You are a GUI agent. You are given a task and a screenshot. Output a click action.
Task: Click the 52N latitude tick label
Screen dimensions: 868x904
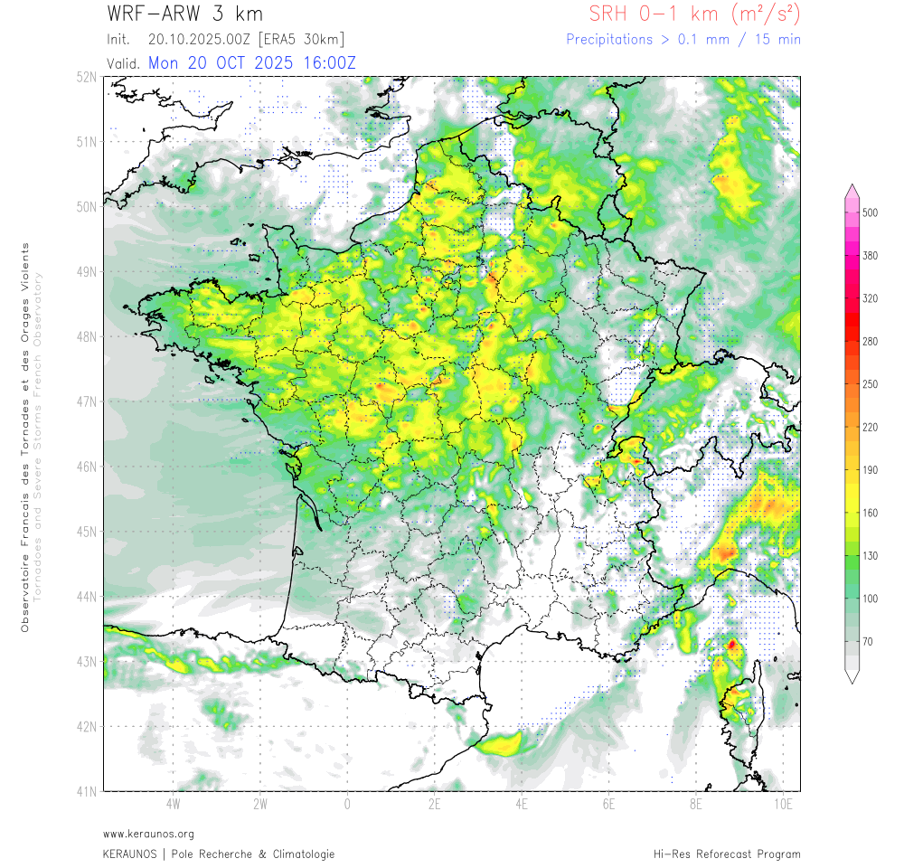tap(87, 77)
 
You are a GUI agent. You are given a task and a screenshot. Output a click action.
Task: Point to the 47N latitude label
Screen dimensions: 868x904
tap(87, 401)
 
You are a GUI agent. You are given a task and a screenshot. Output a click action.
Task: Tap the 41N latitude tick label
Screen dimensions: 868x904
tap(87, 792)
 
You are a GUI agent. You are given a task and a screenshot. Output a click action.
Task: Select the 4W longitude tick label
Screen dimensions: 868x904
tap(173, 804)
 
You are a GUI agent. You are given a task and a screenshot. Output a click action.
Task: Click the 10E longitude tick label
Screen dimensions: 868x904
tap(783, 804)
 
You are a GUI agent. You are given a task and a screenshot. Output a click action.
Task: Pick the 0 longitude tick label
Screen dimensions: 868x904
tap(347, 804)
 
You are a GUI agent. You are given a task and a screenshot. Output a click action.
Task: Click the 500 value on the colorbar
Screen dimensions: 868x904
tap(871, 212)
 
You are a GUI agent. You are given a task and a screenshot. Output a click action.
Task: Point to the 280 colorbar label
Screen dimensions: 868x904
tap(871, 341)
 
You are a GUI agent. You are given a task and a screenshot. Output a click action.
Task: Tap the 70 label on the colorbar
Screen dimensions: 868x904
tap(868, 641)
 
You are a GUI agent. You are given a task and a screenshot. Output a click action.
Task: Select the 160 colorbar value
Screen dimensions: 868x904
tap(871, 513)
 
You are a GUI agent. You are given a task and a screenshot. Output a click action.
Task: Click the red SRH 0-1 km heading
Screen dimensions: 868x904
tap(693, 14)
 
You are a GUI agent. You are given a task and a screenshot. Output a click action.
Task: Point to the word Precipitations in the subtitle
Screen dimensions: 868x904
tap(608, 40)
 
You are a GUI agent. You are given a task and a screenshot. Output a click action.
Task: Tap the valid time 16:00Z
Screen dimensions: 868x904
tap(325, 62)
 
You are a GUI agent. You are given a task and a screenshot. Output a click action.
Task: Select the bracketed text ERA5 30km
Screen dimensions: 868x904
tap(301, 40)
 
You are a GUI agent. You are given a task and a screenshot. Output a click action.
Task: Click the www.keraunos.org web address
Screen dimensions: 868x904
tap(148, 834)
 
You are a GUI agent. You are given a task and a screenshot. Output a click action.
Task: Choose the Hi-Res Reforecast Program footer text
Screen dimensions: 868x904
tap(727, 854)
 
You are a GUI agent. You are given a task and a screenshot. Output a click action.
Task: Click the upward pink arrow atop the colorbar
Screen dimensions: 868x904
tap(852, 190)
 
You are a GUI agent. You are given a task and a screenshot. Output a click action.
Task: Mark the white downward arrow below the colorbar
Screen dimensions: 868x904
tap(852, 675)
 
